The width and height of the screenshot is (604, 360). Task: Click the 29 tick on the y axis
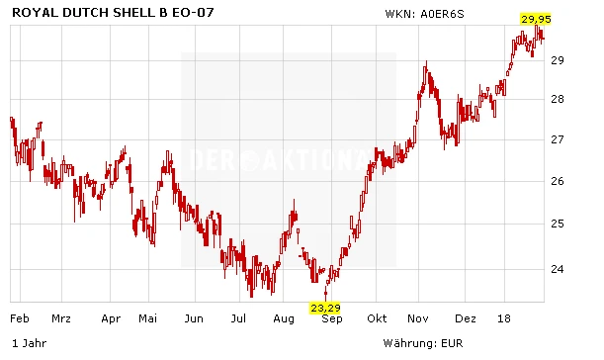[x=559, y=60]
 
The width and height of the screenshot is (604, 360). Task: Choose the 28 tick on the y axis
[x=559, y=99]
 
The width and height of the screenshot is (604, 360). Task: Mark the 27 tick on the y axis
[x=559, y=139]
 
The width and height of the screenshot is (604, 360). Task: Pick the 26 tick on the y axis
[x=559, y=181]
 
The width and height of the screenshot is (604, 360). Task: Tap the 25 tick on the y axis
[x=559, y=224]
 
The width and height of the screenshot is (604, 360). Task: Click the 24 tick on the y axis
[x=559, y=268]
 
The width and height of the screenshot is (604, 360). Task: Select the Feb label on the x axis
[x=18, y=319]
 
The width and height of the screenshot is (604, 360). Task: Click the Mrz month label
[x=61, y=319]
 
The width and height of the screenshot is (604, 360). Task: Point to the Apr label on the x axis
[x=111, y=319]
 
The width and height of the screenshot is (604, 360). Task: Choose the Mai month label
[x=148, y=319]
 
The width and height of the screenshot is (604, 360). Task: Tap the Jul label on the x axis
[x=238, y=319]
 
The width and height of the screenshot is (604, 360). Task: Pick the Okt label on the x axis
[x=377, y=319]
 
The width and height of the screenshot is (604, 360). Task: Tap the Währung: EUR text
[x=423, y=344]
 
